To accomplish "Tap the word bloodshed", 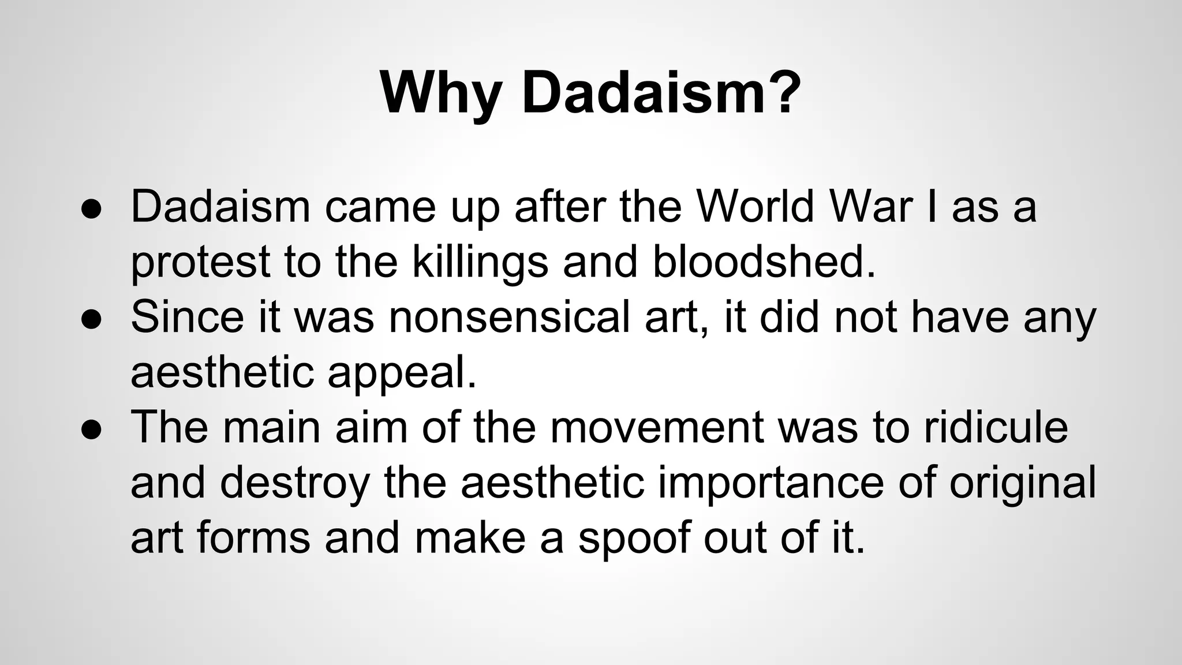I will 764,261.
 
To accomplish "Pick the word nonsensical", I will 510,317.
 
